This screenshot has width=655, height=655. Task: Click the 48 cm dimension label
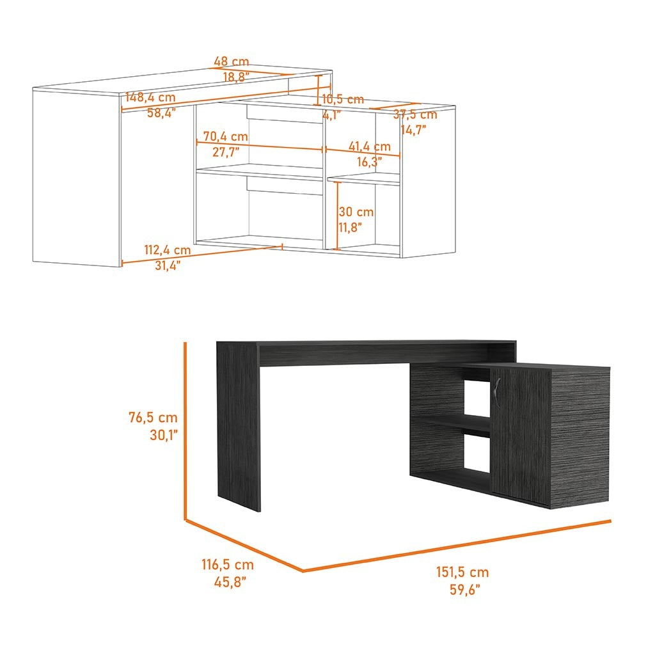[x=231, y=61]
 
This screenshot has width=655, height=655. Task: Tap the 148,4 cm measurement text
[x=150, y=97]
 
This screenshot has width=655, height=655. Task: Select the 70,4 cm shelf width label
[x=226, y=136]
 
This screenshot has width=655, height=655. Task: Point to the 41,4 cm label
[x=370, y=146]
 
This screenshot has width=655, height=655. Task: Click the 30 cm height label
[x=356, y=211]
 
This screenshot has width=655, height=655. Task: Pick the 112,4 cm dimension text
[x=168, y=250]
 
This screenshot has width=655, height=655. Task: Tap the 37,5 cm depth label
[x=415, y=114]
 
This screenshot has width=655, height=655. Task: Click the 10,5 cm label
[x=343, y=99]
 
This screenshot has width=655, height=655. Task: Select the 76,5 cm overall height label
[x=153, y=417]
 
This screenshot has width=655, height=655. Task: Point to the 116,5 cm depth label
[x=228, y=564]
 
